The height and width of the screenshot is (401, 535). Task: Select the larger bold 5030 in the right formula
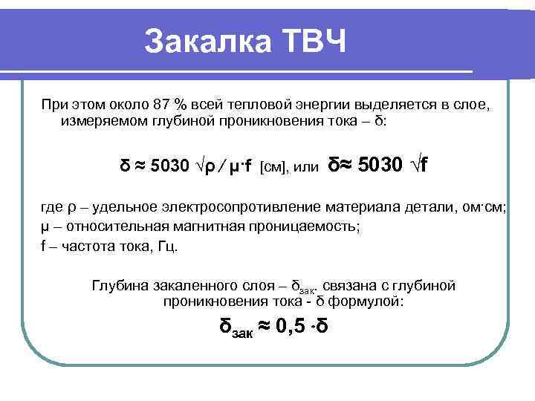[x=380, y=163]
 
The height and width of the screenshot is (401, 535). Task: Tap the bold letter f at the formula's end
[x=423, y=163]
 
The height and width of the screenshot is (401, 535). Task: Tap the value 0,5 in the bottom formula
[x=291, y=327]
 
